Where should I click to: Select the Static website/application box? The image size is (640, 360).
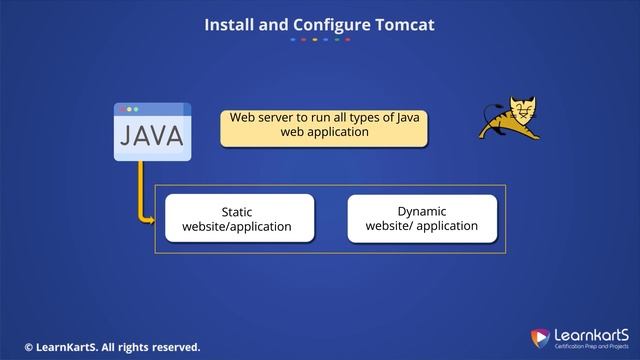(237, 219)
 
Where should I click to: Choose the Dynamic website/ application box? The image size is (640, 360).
(422, 218)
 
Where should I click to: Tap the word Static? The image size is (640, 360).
(237, 212)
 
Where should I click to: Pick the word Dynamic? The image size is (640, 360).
(422, 211)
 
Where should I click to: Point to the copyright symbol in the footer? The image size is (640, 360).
(29, 347)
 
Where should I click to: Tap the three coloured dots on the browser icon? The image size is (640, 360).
(129, 108)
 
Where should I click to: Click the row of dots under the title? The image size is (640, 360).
(320, 40)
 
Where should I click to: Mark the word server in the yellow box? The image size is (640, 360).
(275, 117)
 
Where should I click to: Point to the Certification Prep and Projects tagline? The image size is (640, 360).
(588, 346)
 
